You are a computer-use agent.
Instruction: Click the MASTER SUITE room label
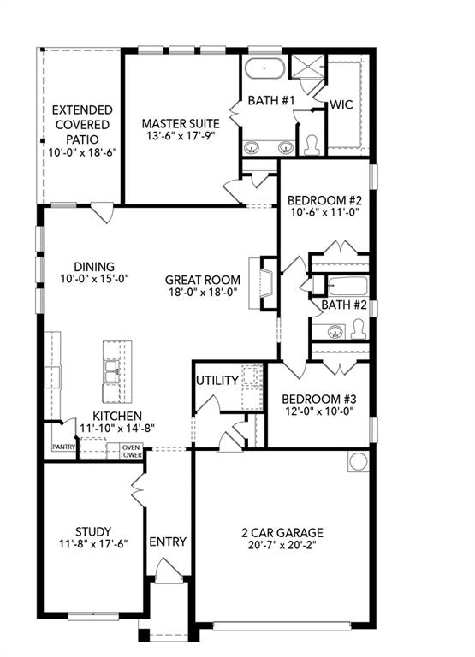pos(180,123)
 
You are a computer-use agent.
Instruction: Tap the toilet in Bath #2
pos(358,328)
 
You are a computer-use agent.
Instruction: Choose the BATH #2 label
pos(343,305)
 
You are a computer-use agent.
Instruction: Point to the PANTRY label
pos(64,447)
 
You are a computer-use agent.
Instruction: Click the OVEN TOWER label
pos(131,451)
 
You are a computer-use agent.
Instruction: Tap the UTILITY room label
pos(217,380)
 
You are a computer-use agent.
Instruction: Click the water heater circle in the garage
pos(357,462)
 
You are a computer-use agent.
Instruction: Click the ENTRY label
pos(168,542)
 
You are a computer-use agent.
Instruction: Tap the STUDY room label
pos(92,531)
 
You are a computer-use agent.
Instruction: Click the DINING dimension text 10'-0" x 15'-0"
pos(94,279)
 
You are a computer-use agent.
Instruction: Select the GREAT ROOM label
pos(202,279)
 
